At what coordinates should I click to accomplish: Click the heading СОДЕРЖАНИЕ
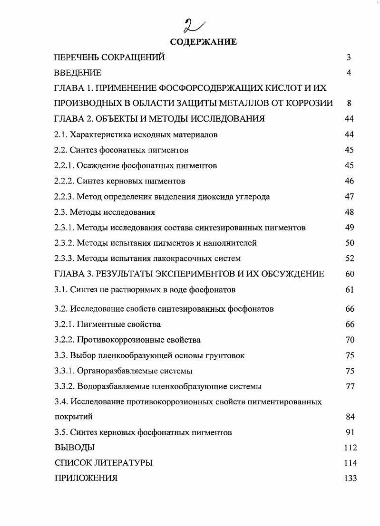[203, 42]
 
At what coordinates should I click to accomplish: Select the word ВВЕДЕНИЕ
[78, 73]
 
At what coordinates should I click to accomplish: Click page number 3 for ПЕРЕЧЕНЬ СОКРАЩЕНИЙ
[349, 57]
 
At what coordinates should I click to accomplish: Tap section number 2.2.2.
[65, 181]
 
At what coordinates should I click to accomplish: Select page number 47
[350, 197]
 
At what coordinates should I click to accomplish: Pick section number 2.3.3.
[65, 258]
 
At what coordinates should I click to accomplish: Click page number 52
[350, 258]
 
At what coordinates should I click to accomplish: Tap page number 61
[350, 289]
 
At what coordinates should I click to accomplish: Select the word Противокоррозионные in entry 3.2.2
[116, 340]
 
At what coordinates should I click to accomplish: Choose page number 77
[350, 386]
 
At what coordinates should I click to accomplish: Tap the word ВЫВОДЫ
[75, 447]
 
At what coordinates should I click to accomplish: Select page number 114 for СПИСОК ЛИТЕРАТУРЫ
[350, 463]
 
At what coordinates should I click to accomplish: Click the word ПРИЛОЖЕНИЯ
[86, 478]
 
